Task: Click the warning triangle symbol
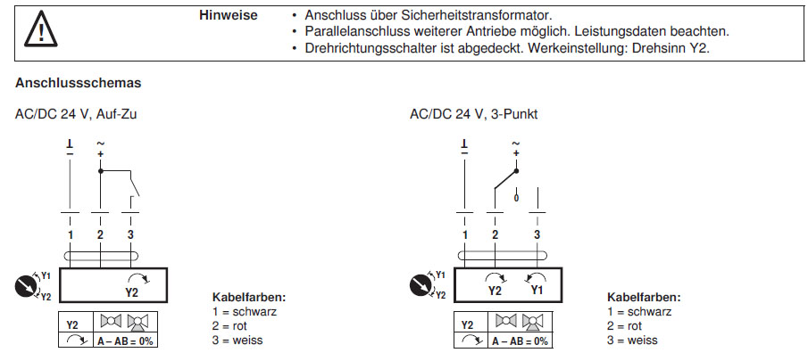pos(38,30)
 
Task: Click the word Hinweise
pos(229,15)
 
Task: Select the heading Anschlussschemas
pos(79,83)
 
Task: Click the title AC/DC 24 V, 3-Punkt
pos(474,114)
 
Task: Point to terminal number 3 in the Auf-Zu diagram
pos(131,234)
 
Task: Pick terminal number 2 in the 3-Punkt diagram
pos(495,234)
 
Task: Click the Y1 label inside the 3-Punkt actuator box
pos(537,290)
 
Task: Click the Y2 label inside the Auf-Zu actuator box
pos(132,291)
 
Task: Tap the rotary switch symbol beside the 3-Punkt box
pos(419,285)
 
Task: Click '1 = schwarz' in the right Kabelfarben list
pos(639,312)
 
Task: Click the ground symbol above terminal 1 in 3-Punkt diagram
pos(464,145)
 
